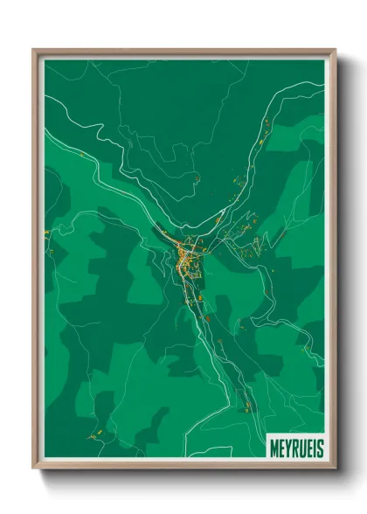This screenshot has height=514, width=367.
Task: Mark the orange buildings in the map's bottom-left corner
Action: coord(91,434)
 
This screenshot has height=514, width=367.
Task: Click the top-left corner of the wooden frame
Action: coord(34,50)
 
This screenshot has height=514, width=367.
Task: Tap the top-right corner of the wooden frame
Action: coord(335,50)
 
